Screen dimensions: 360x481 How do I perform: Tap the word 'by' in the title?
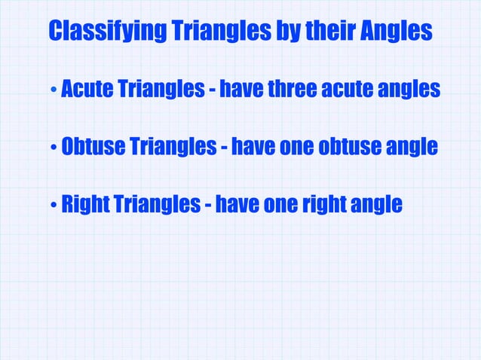pos(284,32)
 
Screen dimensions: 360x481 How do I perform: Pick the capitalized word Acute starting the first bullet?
pos(85,90)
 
